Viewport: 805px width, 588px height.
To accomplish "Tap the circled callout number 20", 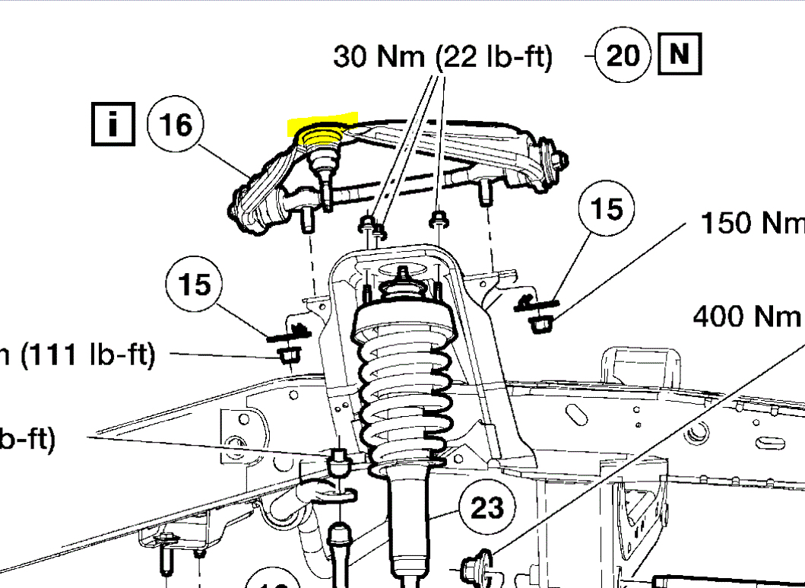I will coord(623,56).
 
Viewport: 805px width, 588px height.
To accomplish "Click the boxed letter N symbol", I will coord(680,54).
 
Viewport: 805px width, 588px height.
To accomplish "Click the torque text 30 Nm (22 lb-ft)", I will coord(442,56).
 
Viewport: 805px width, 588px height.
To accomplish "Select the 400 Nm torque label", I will coord(746,315).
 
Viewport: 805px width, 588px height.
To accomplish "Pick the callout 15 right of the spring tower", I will coord(606,208).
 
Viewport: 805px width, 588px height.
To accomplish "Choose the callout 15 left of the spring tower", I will coord(194,284).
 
